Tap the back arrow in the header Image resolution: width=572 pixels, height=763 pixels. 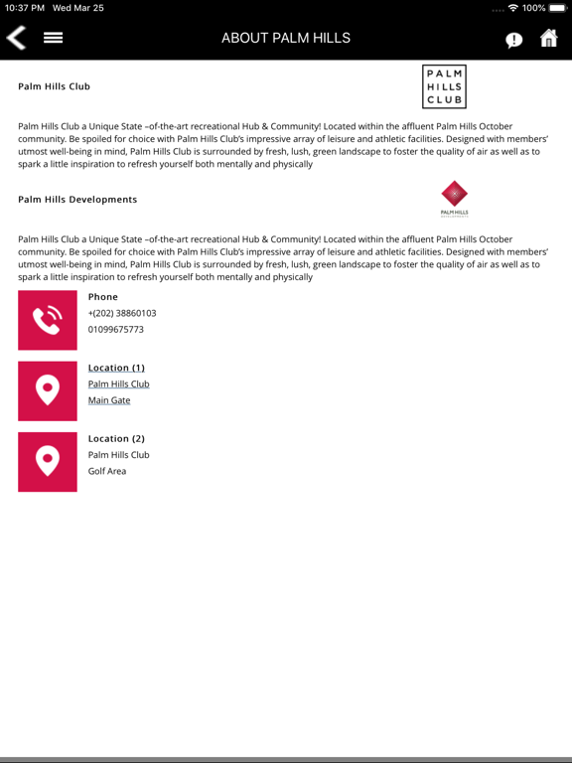coord(17,38)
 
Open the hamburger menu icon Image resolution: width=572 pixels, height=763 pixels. coord(53,38)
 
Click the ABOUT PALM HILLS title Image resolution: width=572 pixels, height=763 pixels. coord(286,38)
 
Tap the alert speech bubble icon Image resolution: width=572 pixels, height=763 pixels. coord(513,40)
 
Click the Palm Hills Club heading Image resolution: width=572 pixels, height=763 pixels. coord(54,86)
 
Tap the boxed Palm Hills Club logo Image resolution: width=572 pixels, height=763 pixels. coord(444,86)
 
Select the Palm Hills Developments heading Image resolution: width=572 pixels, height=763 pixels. coord(77,200)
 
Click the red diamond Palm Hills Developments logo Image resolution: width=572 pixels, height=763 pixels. coord(454,197)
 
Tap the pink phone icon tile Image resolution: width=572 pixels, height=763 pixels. coord(48,320)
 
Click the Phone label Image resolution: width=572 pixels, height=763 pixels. coord(102,297)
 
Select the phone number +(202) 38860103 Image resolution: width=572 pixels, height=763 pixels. coord(122,313)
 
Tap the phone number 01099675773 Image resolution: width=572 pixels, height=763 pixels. coord(115,329)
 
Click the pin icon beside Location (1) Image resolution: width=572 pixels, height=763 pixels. coord(48,390)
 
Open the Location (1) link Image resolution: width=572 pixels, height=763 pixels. coord(116,368)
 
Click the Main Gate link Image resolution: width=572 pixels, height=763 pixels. coord(109,400)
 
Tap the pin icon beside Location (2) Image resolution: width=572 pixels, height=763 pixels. coord(48,461)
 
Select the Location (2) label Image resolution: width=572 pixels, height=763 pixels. coord(116,438)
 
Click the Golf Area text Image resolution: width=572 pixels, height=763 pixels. coord(107,471)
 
